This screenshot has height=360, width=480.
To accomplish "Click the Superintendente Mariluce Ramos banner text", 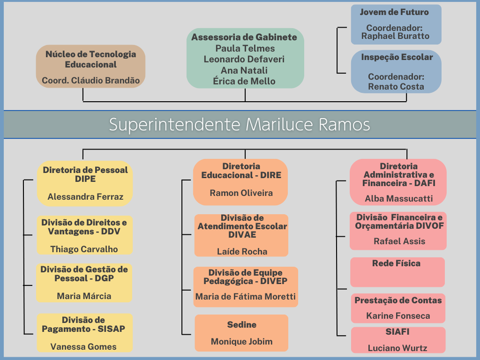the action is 240,124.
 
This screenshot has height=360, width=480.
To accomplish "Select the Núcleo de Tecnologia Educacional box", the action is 90,67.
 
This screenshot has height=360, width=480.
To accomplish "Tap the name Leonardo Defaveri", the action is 244,59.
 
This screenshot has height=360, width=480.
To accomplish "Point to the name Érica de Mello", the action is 244,81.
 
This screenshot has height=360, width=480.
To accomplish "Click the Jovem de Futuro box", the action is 396,24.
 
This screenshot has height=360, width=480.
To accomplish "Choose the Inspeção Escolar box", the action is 396,72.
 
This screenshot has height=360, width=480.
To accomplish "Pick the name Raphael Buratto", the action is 395,36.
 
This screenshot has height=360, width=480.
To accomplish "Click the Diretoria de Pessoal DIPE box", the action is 85,183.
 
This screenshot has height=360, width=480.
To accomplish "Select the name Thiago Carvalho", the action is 84,249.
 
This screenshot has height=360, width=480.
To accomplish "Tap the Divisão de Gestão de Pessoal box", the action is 84,283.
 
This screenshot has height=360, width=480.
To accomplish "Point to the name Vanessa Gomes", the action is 83,346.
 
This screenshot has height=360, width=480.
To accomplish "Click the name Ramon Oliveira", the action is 241,193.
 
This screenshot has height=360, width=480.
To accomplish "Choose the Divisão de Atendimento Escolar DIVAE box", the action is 241,235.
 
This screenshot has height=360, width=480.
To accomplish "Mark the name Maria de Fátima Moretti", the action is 246,296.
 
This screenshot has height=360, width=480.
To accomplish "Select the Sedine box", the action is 241,333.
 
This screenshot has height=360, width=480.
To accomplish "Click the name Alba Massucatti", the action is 398,198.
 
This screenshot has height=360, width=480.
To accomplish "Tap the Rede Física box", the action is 397,272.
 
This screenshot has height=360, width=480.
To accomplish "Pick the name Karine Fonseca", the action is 398,315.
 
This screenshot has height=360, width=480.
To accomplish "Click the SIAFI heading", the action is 397,331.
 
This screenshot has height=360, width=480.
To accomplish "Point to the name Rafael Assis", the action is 399,241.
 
